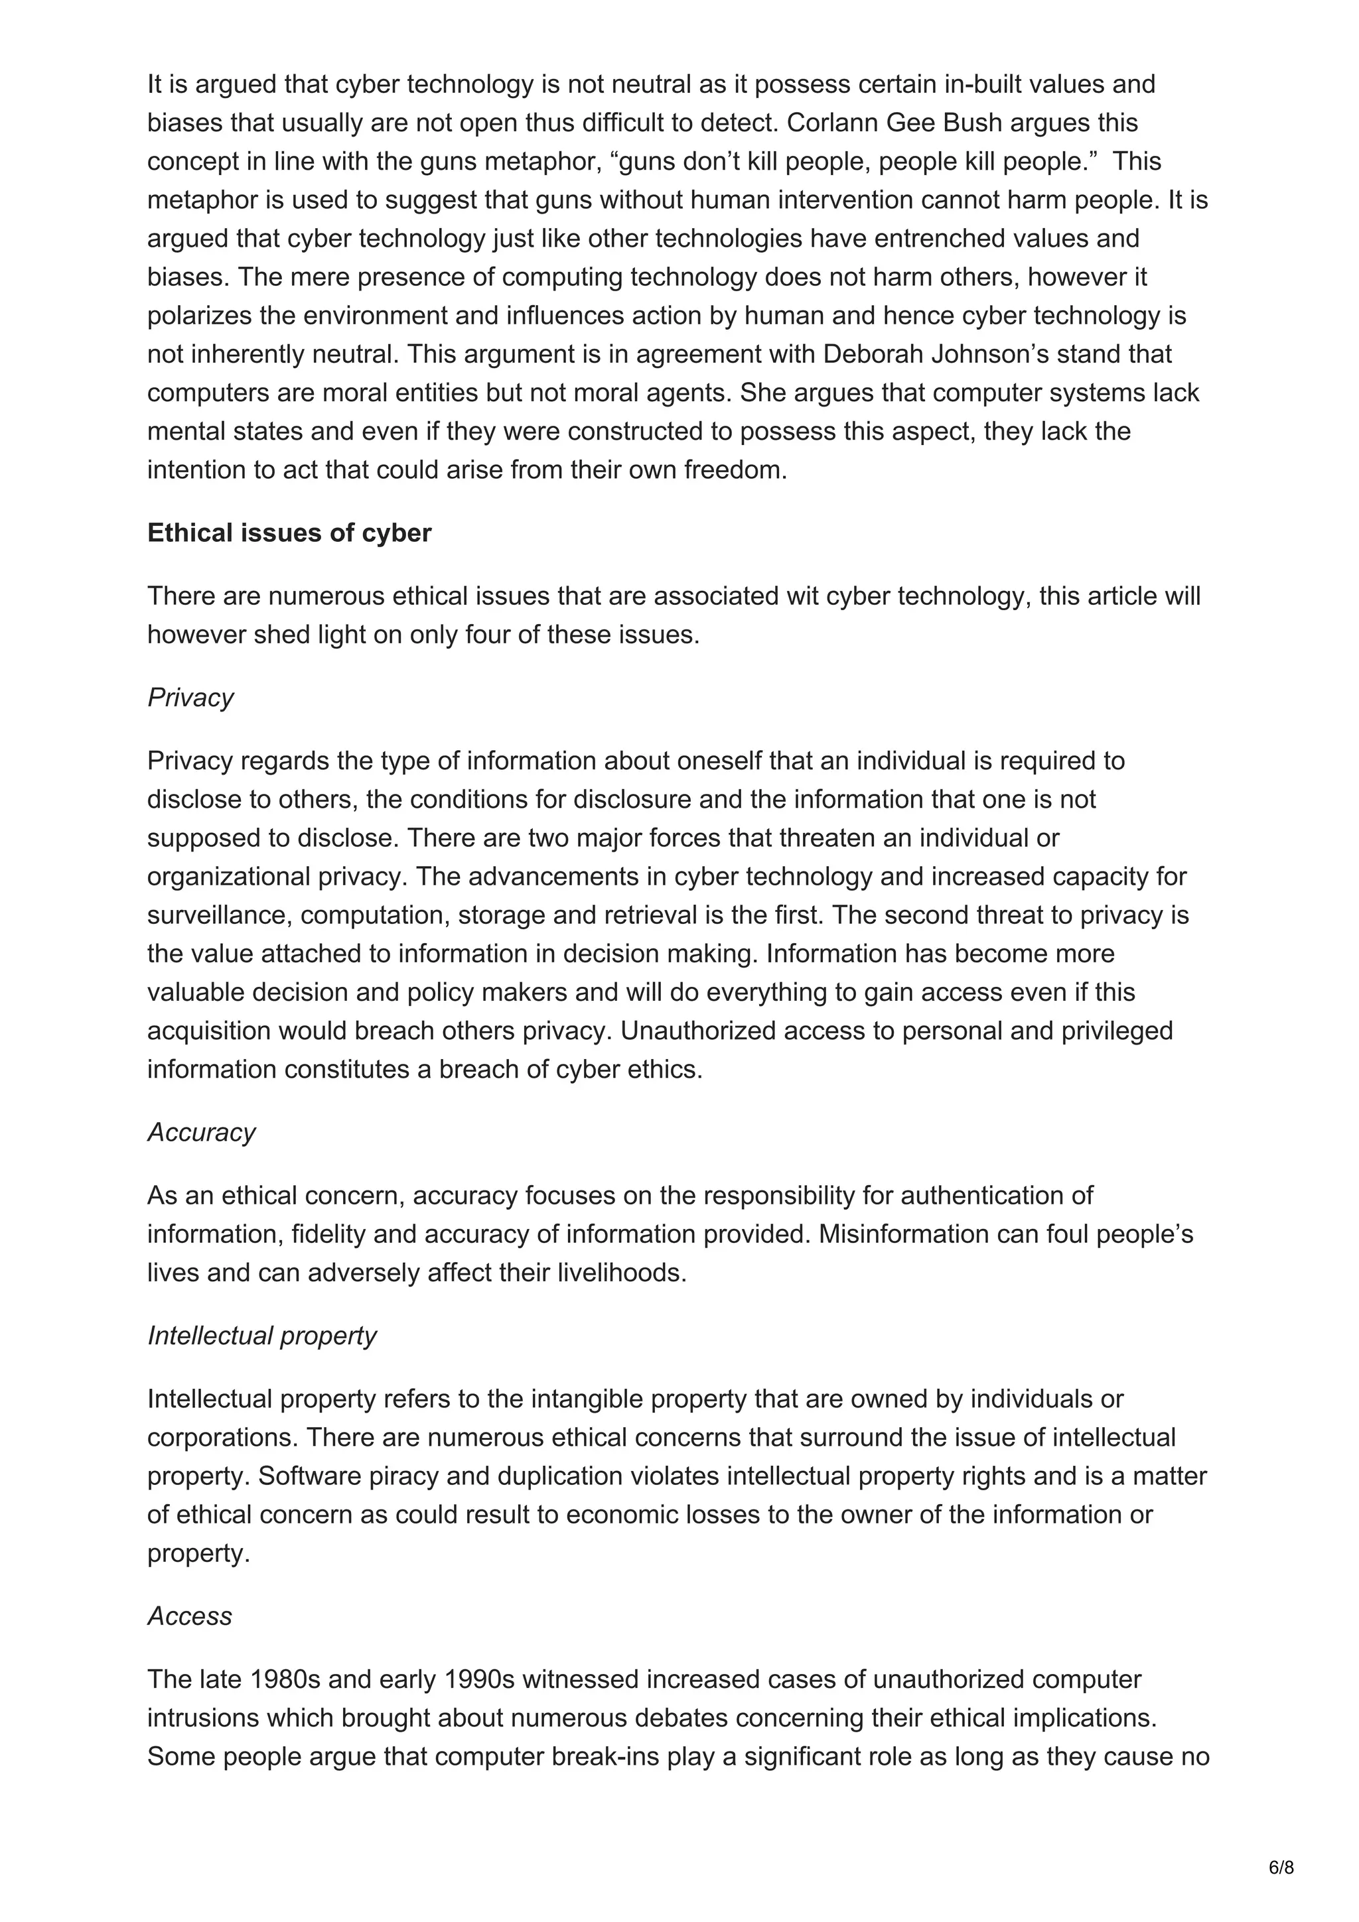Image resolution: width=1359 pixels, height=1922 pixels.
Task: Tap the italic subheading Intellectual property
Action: click(261, 1335)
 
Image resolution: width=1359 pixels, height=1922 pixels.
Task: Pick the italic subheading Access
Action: click(189, 1616)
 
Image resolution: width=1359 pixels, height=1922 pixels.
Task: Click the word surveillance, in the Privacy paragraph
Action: click(220, 915)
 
